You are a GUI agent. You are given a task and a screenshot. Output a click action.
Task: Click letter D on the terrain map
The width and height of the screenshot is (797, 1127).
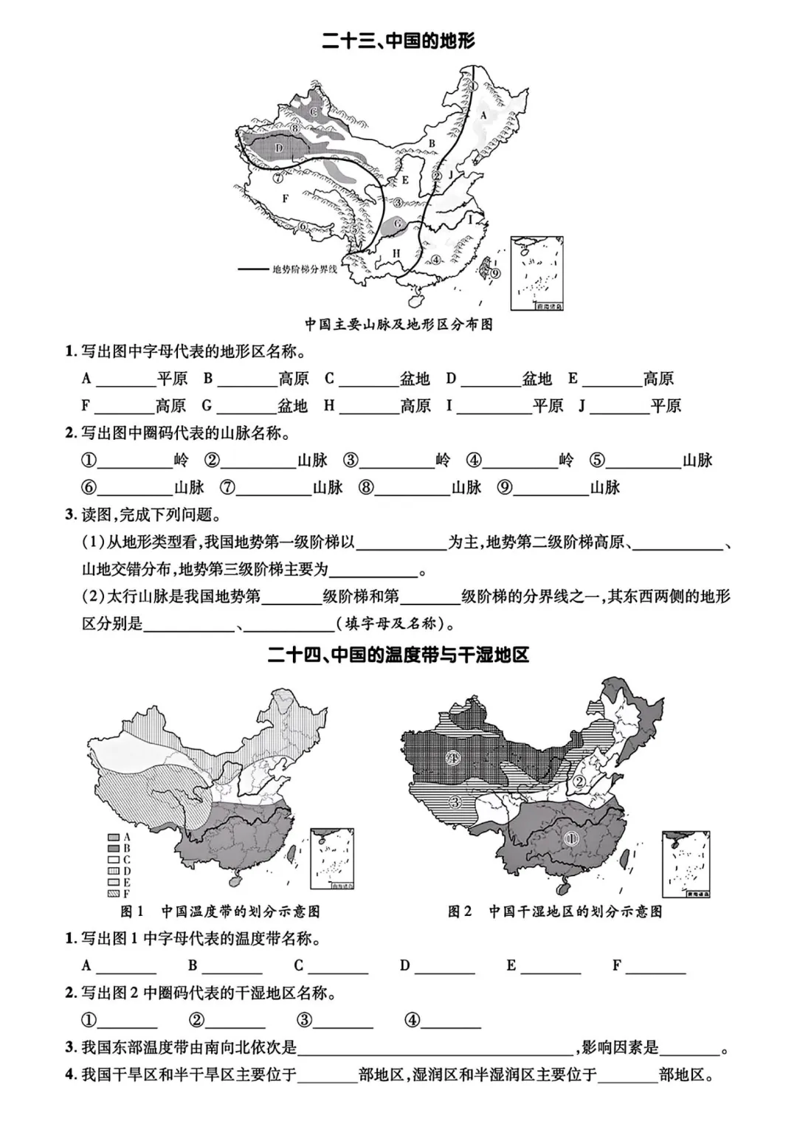click(x=279, y=148)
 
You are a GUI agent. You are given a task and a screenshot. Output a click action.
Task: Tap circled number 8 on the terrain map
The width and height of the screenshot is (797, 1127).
click(x=294, y=128)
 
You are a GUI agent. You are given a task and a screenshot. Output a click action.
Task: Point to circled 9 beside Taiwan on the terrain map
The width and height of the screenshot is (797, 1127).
click(x=494, y=273)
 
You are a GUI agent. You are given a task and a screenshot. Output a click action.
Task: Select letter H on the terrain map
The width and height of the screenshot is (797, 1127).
click(x=396, y=254)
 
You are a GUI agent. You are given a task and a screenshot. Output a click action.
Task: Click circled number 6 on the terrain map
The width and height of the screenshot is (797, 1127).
click(x=303, y=227)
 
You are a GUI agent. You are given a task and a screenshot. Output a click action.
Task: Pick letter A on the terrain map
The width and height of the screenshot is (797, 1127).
click(x=483, y=115)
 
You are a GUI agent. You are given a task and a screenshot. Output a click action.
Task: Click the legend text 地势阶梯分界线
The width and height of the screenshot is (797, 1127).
click(x=305, y=269)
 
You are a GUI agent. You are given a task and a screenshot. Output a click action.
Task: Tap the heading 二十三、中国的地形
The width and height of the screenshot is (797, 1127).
click(x=398, y=41)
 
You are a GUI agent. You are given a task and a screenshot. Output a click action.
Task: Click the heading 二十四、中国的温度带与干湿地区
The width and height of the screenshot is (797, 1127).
click(x=398, y=655)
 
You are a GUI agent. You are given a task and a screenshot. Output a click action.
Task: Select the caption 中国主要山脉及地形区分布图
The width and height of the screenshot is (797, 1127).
click(x=398, y=324)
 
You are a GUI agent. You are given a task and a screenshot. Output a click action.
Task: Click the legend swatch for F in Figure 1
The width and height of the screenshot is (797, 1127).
click(x=113, y=893)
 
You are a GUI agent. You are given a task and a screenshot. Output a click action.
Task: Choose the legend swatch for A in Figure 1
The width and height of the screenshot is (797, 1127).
click(x=113, y=837)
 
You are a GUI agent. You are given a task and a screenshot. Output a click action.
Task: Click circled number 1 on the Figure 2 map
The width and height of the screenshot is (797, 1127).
click(x=570, y=838)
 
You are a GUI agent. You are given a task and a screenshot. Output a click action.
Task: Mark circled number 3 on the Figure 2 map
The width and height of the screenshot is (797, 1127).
click(x=455, y=802)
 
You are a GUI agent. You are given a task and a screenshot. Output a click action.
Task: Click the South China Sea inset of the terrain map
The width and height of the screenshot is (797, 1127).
click(x=536, y=273)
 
